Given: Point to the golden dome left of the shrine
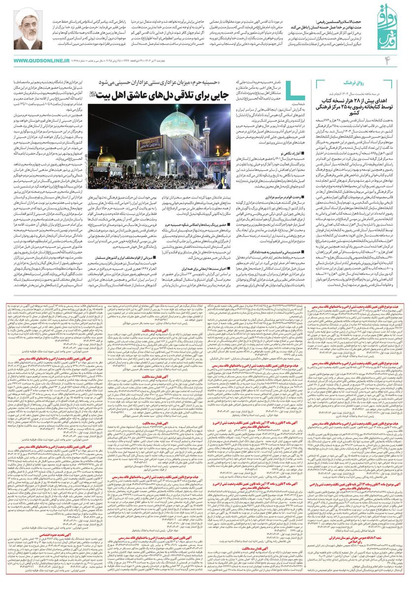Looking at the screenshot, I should [x=106, y=158].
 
